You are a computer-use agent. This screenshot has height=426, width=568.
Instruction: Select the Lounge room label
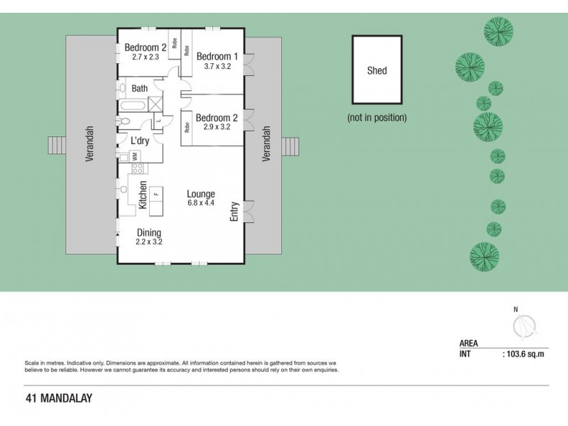point(201,194)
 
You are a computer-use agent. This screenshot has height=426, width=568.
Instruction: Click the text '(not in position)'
point(376,117)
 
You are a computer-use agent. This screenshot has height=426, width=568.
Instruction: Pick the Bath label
point(140,89)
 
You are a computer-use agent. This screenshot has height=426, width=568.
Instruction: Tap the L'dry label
point(139,141)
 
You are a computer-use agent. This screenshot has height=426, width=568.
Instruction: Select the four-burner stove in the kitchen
point(137,169)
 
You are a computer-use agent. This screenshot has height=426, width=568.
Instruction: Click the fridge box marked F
point(155,194)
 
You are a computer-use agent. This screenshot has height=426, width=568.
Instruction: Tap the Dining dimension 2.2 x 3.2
point(149,241)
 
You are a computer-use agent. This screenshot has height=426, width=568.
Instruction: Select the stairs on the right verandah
point(291,146)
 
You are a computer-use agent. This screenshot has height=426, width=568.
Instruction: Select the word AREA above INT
point(469,343)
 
